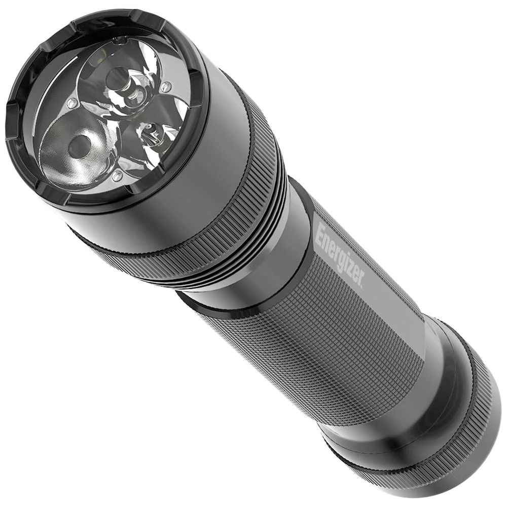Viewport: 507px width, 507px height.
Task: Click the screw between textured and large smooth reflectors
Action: pos(73,104)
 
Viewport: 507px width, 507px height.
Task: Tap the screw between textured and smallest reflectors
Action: pos(117,176)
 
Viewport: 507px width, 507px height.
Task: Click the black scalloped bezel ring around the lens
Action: pos(30,167)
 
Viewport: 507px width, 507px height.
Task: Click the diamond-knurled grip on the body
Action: pos(314,345)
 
